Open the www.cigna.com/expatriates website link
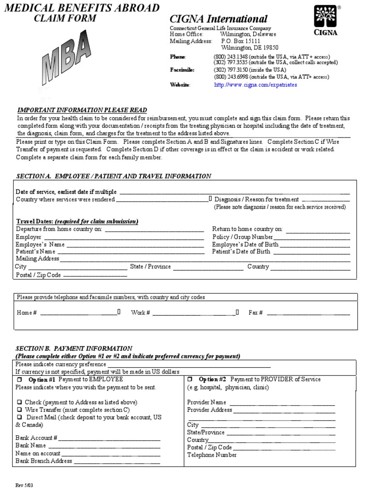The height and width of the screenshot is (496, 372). click(255, 85)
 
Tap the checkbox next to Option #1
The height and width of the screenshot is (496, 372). click(20, 379)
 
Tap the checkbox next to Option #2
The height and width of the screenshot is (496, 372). click(190, 379)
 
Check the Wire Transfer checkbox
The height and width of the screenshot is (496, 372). click(19, 410)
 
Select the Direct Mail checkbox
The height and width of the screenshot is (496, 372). click(19, 417)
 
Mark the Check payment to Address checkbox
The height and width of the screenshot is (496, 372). click(19, 403)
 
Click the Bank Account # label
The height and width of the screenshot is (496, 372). click(36, 438)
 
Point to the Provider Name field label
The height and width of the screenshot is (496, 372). click(206, 403)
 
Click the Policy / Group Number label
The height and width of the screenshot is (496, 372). click(243, 237)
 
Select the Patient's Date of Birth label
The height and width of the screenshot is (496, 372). click(241, 252)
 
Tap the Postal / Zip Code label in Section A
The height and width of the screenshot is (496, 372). click(38, 275)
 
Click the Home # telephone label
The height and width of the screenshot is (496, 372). click(27, 313)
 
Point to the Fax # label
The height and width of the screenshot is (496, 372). click(255, 313)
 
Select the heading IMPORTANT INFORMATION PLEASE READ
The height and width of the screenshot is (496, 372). click(82, 110)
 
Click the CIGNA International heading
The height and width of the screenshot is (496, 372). click(218, 19)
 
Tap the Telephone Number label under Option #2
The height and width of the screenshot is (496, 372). click(212, 455)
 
